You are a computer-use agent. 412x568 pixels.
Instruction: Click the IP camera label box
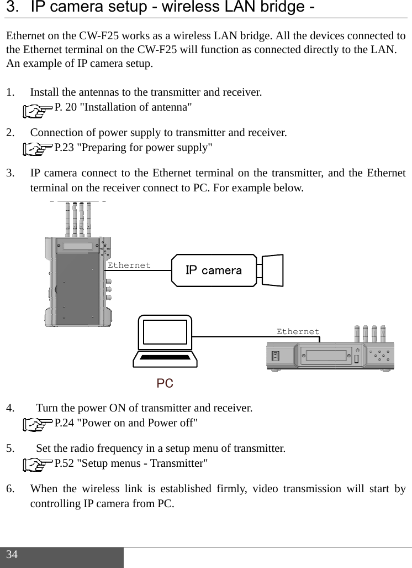pyautogui.click(x=214, y=270)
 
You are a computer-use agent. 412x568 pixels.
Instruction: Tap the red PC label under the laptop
pyautogui.click(x=165, y=383)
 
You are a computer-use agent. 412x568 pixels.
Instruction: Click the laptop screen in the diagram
pyautogui.click(x=165, y=332)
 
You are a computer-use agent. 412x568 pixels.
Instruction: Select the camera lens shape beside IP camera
pyautogui.click(x=272, y=270)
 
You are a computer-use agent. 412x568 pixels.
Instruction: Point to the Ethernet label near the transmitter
pyautogui.click(x=129, y=265)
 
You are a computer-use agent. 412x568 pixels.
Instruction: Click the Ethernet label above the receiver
pyautogui.click(x=298, y=332)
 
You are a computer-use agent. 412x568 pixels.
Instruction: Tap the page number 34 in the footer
pyautogui.click(x=13, y=555)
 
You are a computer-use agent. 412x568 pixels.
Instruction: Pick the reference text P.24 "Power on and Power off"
pyautogui.click(x=127, y=424)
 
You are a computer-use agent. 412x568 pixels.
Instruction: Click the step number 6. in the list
pyautogui.click(x=11, y=489)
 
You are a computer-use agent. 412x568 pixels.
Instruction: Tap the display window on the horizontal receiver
pyautogui.click(x=329, y=355)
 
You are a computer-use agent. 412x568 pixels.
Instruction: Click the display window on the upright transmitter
pyautogui.click(x=78, y=247)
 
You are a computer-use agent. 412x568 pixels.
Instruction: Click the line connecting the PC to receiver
pyautogui.click(x=232, y=336)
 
